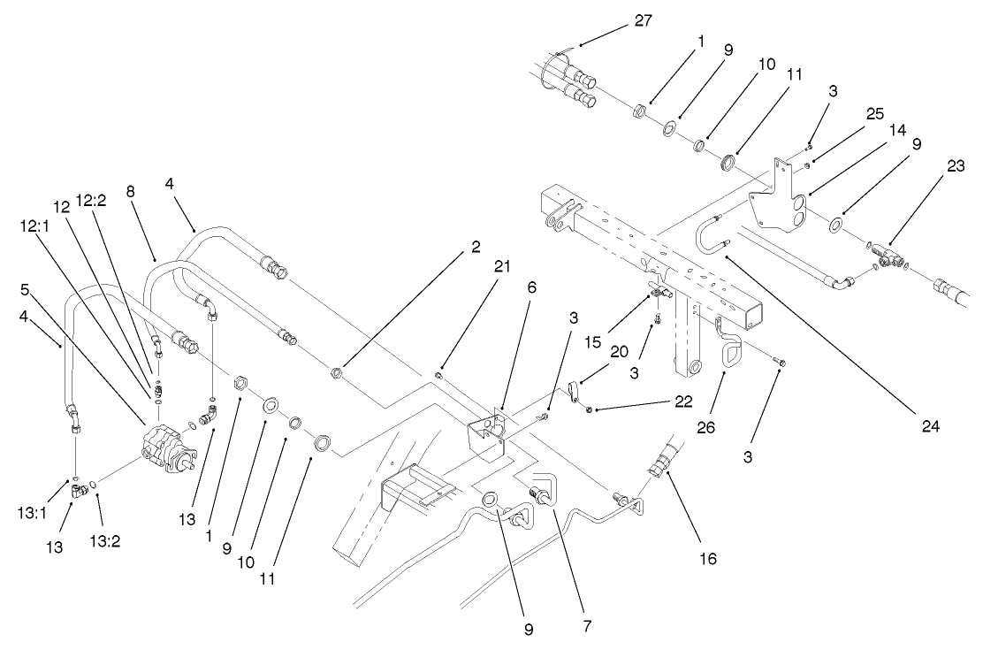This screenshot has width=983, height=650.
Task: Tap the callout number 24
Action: click(x=926, y=424)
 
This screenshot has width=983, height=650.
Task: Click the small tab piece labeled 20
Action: click(x=574, y=389)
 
